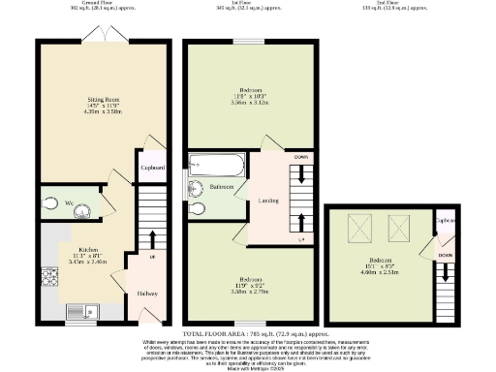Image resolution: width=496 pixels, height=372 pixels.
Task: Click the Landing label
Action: (268, 201)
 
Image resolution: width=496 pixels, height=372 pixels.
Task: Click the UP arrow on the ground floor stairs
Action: (151, 241)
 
